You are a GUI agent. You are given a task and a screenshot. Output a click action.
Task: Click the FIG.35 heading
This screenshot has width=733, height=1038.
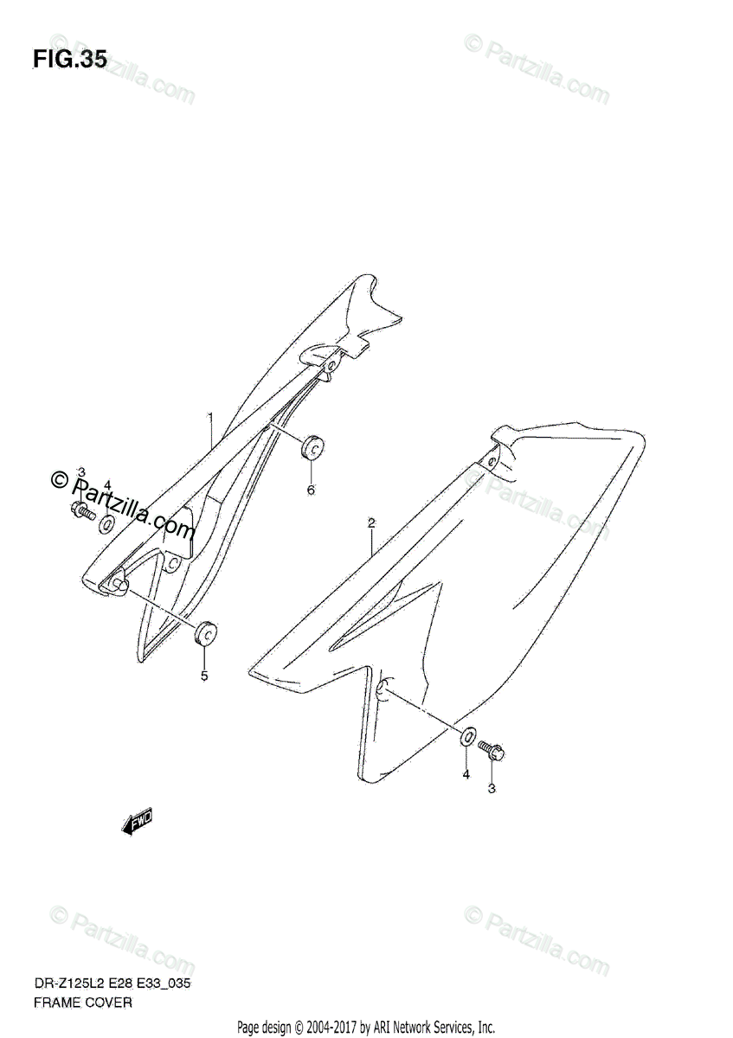click(x=70, y=60)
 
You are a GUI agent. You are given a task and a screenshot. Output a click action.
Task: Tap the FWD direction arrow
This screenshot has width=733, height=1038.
click(x=137, y=822)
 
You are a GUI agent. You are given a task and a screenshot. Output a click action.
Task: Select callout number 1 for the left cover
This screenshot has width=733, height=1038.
click(x=209, y=419)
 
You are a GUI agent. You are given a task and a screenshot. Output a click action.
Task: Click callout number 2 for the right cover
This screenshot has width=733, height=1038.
click(x=370, y=522)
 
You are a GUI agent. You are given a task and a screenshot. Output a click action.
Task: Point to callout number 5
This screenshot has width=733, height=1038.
click(x=204, y=676)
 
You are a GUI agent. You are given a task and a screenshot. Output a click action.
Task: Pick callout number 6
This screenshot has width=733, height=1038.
click(x=311, y=490)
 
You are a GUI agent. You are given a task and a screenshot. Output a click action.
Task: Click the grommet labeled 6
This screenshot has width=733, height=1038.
click(x=312, y=448)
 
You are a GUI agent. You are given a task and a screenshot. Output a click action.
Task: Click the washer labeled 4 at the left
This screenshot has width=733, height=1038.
click(x=106, y=523)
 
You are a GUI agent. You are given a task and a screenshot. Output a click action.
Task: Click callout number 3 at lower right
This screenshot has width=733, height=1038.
click(x=492, y=787)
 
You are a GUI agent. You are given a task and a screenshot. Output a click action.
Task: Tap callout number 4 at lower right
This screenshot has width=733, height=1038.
click(x=465, y=774)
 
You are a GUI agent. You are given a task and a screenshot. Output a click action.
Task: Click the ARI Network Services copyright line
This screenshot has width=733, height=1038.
click(x=366, y=1027)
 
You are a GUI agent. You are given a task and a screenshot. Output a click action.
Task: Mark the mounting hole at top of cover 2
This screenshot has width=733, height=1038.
click(x=492, y=462)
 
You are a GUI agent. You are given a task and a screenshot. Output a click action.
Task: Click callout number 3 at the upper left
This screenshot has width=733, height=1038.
click(x=80, y=472)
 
